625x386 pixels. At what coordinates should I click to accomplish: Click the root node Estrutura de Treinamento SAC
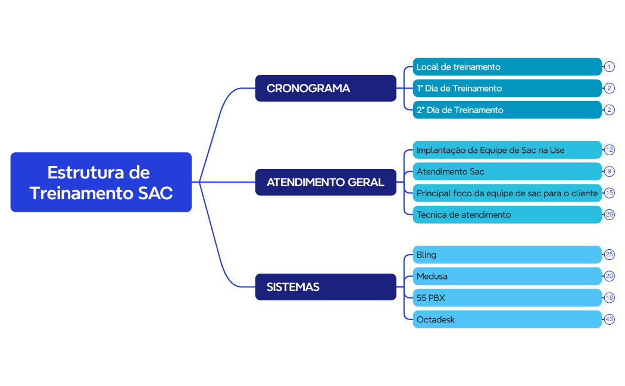pyautogui.click(x=101, y=182)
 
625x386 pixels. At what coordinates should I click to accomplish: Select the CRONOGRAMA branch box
pyautogui.click(x=326, y=88)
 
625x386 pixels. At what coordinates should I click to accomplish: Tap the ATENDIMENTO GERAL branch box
pyautogui.click(x=326, y=182)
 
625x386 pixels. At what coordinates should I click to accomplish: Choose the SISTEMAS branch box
pyautogui.click(x=326, y=287)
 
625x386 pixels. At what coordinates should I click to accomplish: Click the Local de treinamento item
pyautogui.click(x=507, y=67)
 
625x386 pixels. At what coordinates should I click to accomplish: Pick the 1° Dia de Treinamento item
pyautogui.click(x=507, y=88)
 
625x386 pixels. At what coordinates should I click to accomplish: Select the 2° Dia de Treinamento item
pyautogui.click(x=507, y=110)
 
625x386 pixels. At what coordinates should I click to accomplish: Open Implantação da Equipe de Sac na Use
pyautogui.click(x=507, y=150)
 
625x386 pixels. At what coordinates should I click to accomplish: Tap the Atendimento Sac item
pyautogui.click(x=507, y=171)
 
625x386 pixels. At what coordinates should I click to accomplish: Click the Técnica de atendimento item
pyautogui.click(x=507, y=215)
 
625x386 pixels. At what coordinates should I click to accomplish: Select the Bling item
pyautogui.click(x=507, y=255)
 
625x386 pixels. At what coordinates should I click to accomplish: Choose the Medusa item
pyautogui.click(x=507, y=276)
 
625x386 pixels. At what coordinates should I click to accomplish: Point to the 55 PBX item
pyautogui.click(x=507, y=297)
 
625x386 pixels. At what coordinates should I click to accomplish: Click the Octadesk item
pyautogui.click(x=507, y=319)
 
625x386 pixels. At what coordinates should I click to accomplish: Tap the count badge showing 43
pyautogui.click(x=609, y=319)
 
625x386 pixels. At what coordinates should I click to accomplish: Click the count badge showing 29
pyautogui.click(x=609, y=214)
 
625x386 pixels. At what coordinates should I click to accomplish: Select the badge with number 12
pyautogui.click(x=609, y=150)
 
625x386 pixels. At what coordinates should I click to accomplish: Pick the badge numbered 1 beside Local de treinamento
pyautogui.click(x=609, y=67)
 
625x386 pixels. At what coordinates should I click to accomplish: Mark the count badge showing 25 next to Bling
pyautogui.click(x=609, y=254)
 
